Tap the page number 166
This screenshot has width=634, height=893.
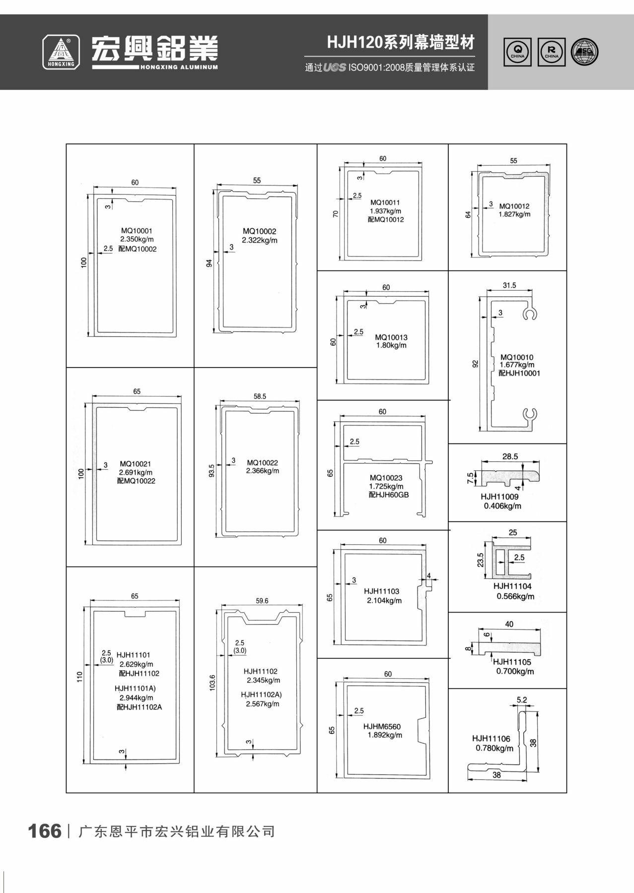(x=45, y=831)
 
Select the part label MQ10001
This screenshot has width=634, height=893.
(x=137, y=231)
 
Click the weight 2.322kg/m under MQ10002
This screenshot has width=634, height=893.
(x=260, y=240)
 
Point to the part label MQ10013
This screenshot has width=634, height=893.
(x=391, y=337)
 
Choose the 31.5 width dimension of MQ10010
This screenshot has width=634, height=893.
(x=509, y=285)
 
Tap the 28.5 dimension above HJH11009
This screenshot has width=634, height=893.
(x=510, y=456)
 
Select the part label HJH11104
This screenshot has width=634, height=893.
(x=512, y=586)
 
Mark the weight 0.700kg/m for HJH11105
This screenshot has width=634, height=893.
(x=515, y=671)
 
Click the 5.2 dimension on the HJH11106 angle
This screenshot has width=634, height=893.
(x=522, y=700)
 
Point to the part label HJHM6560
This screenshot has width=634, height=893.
(x=382, y=727)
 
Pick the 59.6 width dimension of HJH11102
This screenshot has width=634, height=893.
(x=262, y=600)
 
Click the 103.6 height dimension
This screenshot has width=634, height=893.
(x=212, y=683)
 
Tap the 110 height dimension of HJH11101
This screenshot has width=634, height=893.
(x=79, y=677)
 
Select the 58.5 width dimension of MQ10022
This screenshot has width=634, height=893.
(x=260, y=396)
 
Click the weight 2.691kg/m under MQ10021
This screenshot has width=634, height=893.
(x=136, y=472)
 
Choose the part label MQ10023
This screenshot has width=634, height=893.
(x=386, y=478)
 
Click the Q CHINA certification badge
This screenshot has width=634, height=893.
(x=518, y=52)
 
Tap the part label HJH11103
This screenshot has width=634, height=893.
(x=381, y=591)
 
